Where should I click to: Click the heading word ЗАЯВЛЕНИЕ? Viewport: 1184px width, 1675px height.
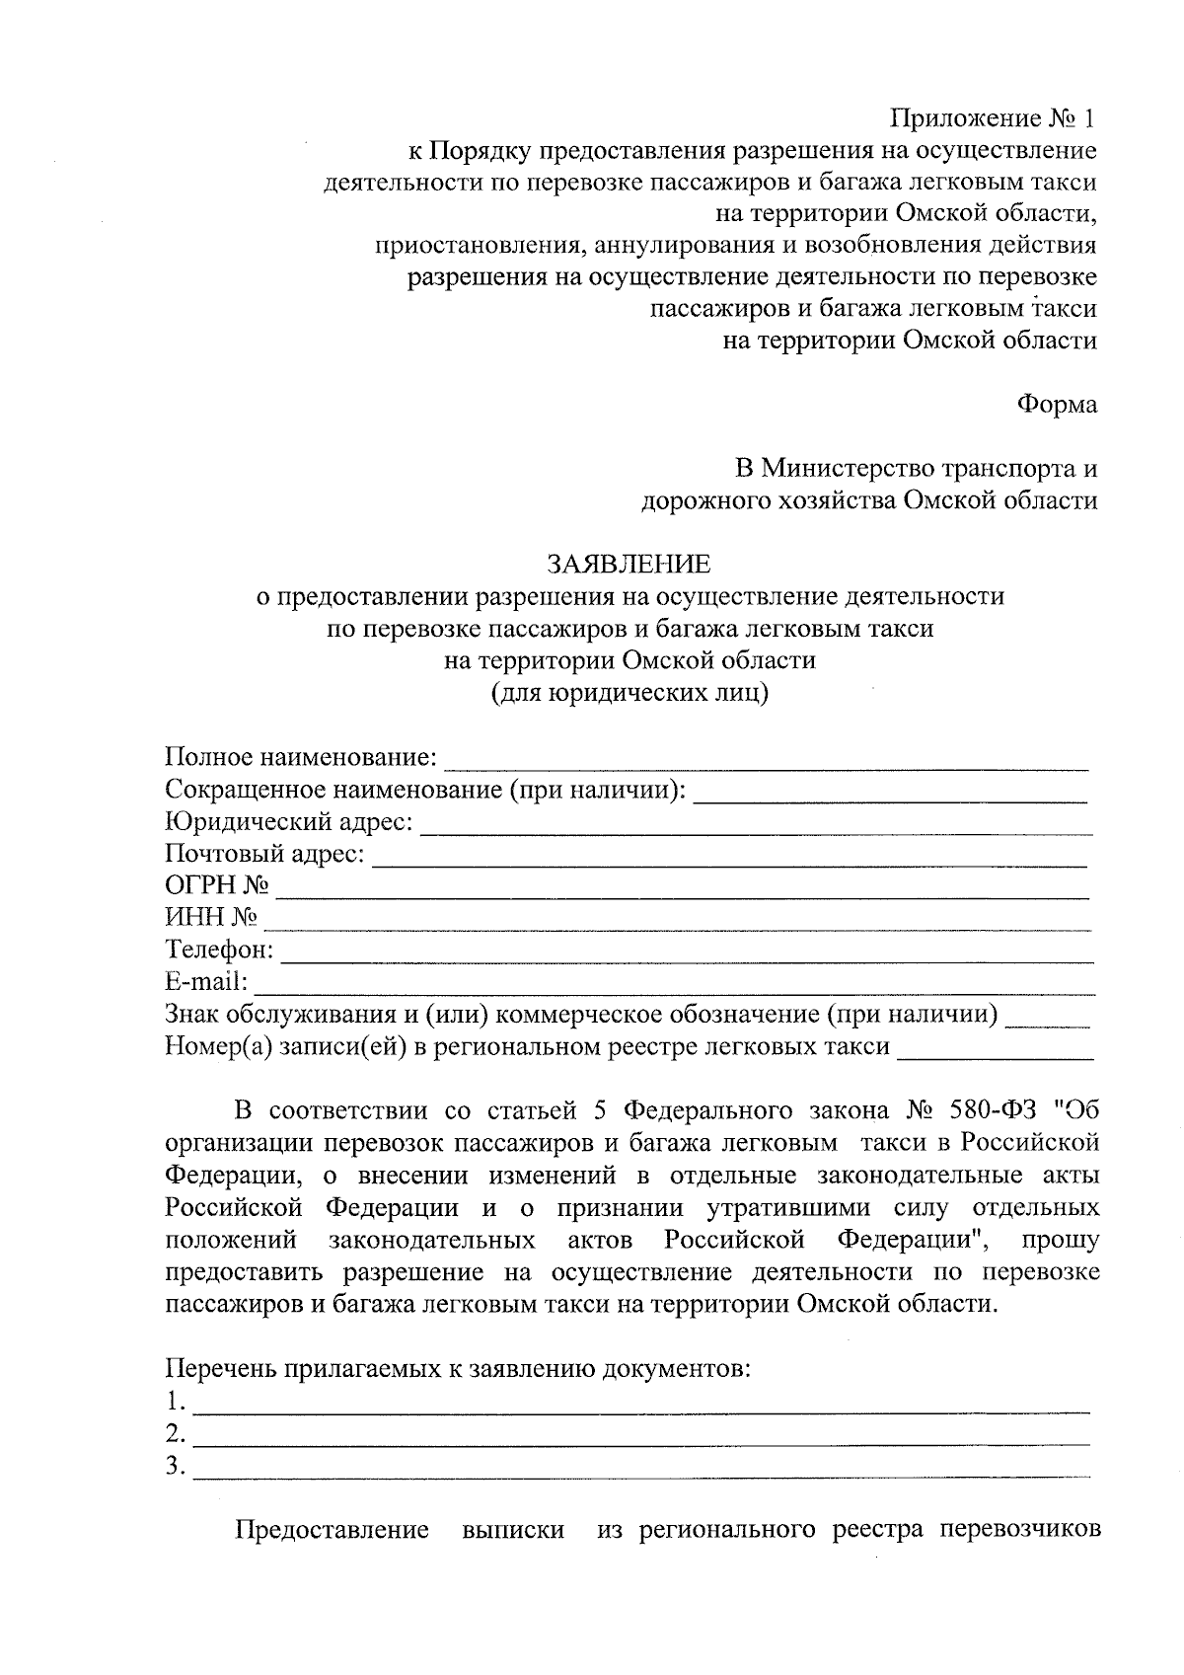(629, 565)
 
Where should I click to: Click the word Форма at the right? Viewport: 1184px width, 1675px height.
(1057, 405)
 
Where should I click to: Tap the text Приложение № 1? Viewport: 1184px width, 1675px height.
(994, 119)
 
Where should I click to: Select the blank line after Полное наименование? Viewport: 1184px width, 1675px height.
(767, 764)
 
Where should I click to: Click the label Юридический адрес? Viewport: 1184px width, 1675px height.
(289, 822)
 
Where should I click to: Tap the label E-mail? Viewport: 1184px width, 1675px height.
(206, 982)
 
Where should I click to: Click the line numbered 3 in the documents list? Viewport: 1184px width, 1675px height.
(641, 1474)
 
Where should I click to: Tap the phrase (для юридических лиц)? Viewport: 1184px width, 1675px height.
(629, 692)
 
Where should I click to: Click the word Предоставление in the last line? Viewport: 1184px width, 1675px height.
(332, 1530)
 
